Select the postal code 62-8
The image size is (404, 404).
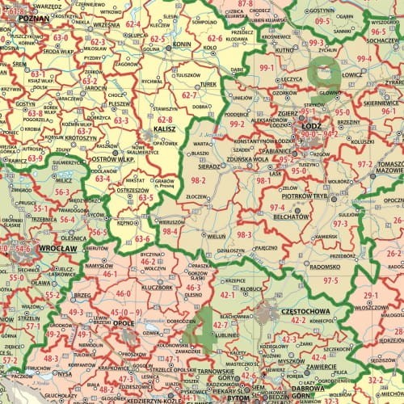[x=165, y=118]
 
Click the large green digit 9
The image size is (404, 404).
[x=327, y=72]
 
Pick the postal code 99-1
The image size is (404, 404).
[x=266, y=69]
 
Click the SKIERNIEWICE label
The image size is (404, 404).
[x=378, y=103]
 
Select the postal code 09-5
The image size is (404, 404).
[x=322, y=20]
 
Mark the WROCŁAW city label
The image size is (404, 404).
[x=57, y=248]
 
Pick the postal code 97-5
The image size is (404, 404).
[x=330, y=280]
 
